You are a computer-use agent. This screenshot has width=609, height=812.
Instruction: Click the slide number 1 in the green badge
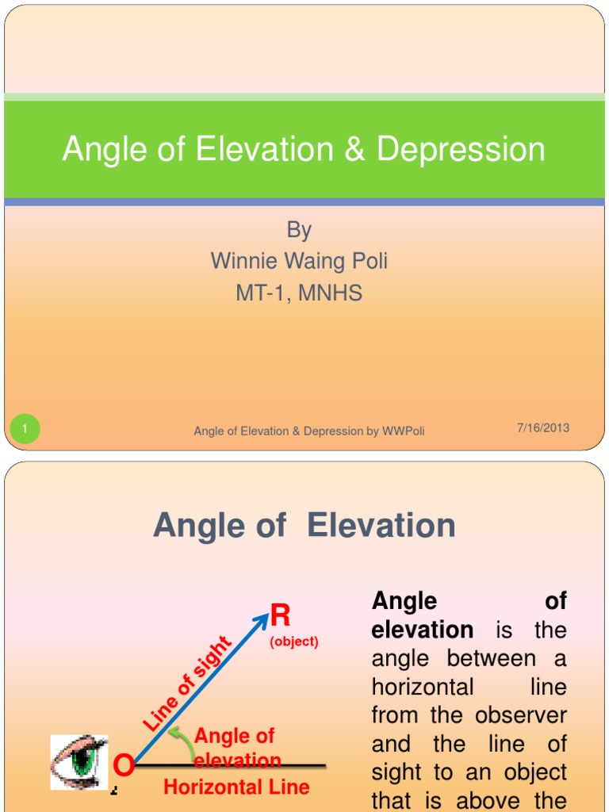click(x=25, y=430)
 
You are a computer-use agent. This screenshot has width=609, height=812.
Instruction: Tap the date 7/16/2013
click(x=543, y=428)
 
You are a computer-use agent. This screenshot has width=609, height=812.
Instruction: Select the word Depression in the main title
click(x=461, y=150)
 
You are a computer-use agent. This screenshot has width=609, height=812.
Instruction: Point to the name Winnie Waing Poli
click(x=299, y=261)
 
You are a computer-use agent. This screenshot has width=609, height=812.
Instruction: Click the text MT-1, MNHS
click(x=299, y=293)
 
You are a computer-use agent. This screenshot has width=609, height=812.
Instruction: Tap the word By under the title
click(x=299, y=230)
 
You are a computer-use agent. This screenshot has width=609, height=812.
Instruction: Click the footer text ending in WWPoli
click(x=309, y=431)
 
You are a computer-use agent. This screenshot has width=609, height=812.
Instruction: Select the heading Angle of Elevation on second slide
click(x=304, y=525)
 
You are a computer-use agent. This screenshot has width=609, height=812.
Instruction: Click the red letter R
click(x=280, y=615)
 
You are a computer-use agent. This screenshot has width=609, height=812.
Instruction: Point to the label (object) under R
click(x=294, y=642)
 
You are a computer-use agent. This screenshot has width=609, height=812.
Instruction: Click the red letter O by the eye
click(x=123, y=766)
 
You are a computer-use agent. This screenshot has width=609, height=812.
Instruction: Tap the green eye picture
click(x=79, y=761)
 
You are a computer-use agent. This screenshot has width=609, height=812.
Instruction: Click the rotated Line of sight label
click(x=187, y=684)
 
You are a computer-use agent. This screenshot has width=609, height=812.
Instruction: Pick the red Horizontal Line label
click(x=236, y=787)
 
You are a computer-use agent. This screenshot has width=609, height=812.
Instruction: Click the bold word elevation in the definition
click(x=422, y=630)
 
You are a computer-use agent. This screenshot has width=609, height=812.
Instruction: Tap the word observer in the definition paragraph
click(x=521, y=715)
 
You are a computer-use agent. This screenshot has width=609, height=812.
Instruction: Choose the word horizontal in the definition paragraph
click(x=422, y=687)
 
